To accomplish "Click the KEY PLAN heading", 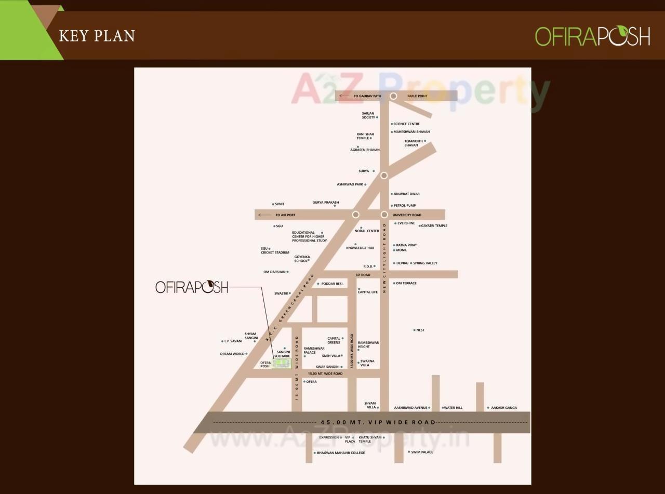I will click(x=97, y=36).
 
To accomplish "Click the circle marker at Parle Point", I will click(x=393, y=96).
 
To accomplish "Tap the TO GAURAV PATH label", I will click(x=367, y=97).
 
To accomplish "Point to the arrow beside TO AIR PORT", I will click(x=264, y=215).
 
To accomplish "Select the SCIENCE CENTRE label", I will click(x=406, y=124).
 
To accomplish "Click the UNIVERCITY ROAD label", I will click(x=407, y=215).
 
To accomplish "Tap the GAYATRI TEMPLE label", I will click(x=434, y=226).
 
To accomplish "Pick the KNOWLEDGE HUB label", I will click(x=360, y=248).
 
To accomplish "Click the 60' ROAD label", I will click(x=363, y=275).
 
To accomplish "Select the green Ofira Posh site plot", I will click(x=282, y=364).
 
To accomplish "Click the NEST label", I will click(x=420, y=330).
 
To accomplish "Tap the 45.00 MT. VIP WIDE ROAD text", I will click(x=378, y=422).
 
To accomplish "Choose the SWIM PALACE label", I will click(x=422, y=452).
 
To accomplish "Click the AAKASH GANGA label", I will click(x=504, y=408).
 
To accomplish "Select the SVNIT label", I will click(x=280, y=205).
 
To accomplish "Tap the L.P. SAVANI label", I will click(x=233, y=341).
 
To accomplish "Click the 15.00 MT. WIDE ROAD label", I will click(x=325, y=373).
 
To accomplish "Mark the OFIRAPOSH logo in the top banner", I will click(x=592, y=36).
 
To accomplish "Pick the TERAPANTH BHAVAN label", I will click(x=411, y=143).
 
